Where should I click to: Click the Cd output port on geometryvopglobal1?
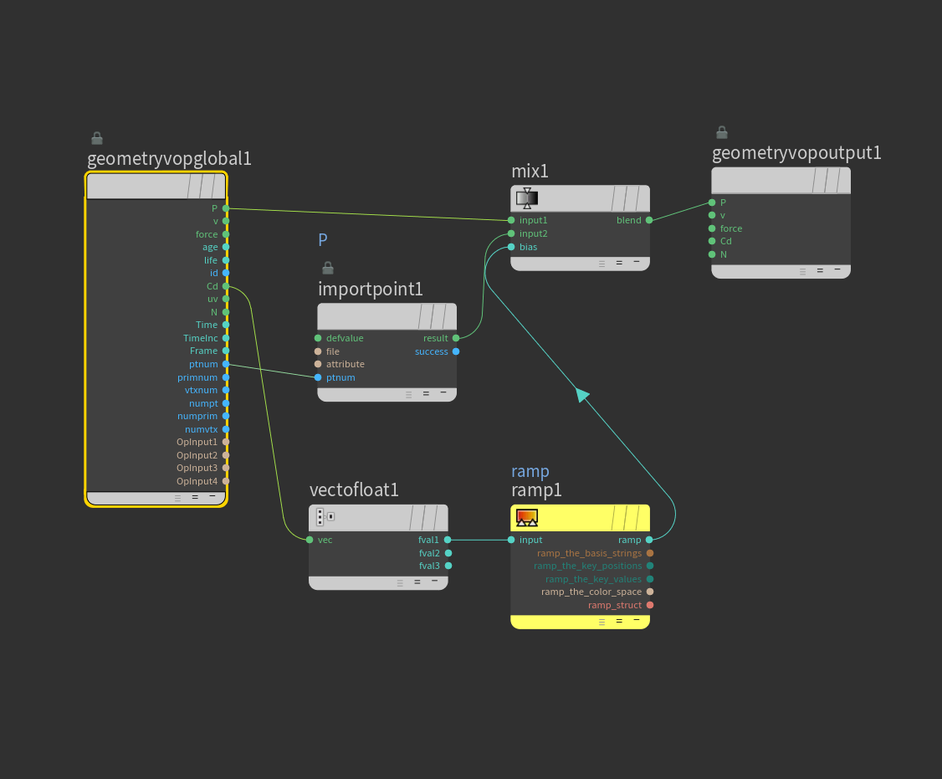226,286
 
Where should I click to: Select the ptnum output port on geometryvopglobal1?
226,364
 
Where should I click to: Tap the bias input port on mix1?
511,247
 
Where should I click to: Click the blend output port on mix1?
649,220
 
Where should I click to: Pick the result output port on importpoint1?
456,338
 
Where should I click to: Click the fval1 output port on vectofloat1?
448,540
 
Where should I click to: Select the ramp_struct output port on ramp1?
650,605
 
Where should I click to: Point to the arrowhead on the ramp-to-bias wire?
582,395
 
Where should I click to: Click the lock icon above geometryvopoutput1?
722,132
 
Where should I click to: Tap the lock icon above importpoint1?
328,268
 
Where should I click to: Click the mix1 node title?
530,172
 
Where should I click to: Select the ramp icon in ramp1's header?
527,518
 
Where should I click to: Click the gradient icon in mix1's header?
527,198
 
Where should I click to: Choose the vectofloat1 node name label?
354,490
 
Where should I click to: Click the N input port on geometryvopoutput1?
712,254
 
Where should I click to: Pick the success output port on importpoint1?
456,351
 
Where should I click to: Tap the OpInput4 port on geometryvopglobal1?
226,481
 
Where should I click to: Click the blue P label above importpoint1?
323,240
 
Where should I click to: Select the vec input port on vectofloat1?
310,540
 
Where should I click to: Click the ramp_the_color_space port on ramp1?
650,592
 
